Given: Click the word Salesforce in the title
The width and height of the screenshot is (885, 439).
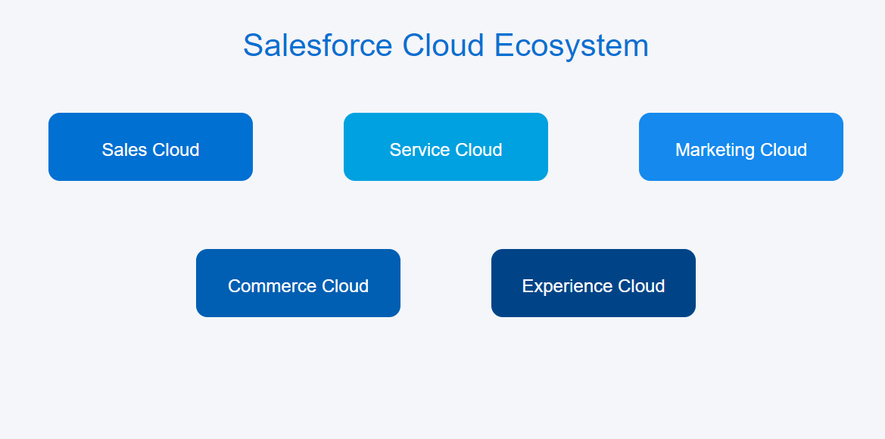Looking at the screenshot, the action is [x=318, y=45].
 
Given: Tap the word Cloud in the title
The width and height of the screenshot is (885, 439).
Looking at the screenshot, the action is [x=443, y=45].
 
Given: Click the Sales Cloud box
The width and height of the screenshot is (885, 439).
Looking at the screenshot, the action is [x=151, y=147].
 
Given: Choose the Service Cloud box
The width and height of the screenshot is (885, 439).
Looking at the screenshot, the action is [x=446, y=147].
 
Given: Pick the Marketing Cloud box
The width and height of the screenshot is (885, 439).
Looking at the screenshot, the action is [x=741, y=147].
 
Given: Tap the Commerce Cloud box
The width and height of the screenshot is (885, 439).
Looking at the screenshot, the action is [x=298, y=282].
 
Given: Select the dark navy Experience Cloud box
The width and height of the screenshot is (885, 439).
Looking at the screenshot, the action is [x=594, y=282].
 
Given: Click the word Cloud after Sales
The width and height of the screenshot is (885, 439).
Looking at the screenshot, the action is [x=173, y=150].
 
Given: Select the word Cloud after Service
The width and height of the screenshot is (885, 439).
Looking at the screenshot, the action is [x=478, y=150].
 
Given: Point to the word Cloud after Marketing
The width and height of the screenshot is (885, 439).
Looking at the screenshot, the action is [x=784, y=150].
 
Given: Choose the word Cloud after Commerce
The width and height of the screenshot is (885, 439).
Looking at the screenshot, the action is [x=345, y=286].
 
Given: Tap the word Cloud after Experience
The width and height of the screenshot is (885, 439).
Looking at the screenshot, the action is [x=641, y=286].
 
